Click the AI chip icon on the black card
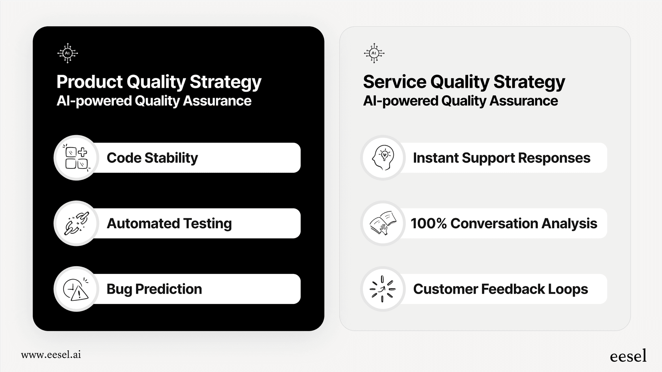(67, 53)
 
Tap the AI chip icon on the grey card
(374, 53)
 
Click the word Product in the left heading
(89, 81)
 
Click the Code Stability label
(152, 158)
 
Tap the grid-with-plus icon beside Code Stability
(76, 158)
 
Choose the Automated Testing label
(169, 224)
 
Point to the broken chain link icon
(76, 224)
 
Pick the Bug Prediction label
(154, 289)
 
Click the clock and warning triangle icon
(76, 289)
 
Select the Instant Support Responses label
(502, 158)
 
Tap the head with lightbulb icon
(383, 158)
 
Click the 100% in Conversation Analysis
(429, 224)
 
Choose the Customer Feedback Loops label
(500, 289)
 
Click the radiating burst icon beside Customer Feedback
(382, 289)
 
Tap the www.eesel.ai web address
(51, 355)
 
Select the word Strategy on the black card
(225, 82)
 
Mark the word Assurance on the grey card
(524, 101)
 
